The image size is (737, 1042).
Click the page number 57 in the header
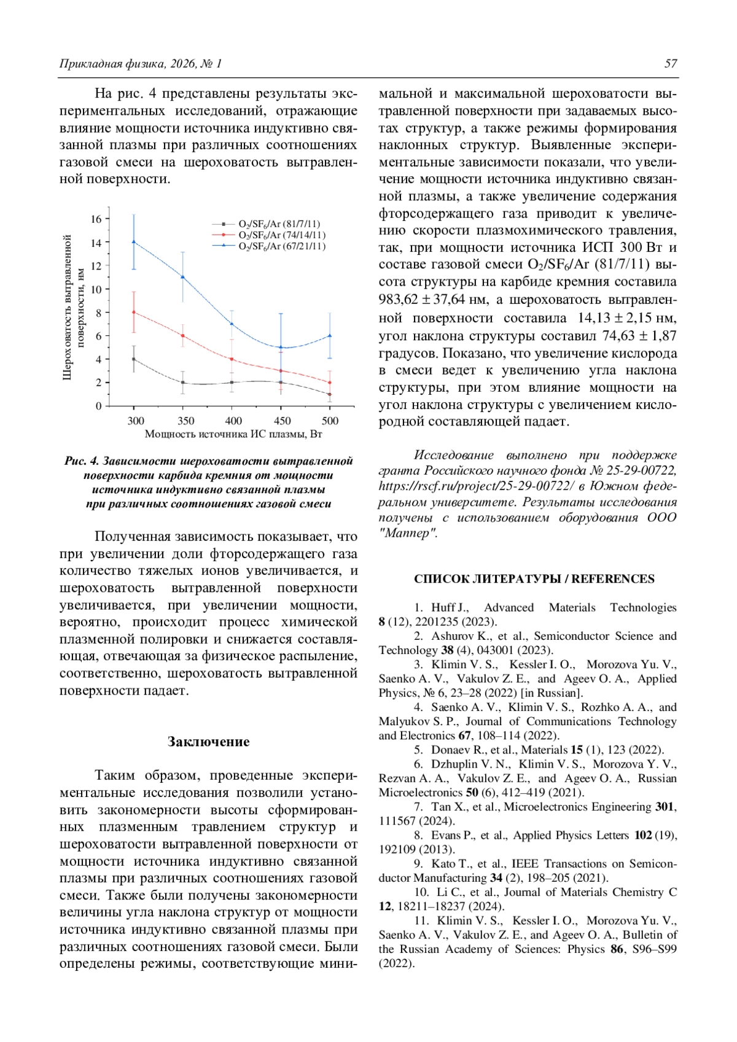671,64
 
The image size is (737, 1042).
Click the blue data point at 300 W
134,241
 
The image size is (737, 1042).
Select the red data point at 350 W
182,335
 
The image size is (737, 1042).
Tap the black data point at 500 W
330,394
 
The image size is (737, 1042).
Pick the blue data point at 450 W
281,347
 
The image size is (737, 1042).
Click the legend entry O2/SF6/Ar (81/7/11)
279,224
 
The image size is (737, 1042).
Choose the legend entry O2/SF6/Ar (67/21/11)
281,246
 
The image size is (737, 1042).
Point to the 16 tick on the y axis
96,219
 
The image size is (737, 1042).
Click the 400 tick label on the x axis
233,421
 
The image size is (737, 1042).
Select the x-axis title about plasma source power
233,434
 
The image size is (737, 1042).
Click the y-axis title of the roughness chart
74,307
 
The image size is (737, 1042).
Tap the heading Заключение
208,742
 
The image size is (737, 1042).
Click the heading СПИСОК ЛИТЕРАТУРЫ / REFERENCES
534,579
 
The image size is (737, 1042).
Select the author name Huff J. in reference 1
450,607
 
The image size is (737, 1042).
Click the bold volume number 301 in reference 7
664,807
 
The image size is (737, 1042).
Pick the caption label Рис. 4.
81,461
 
